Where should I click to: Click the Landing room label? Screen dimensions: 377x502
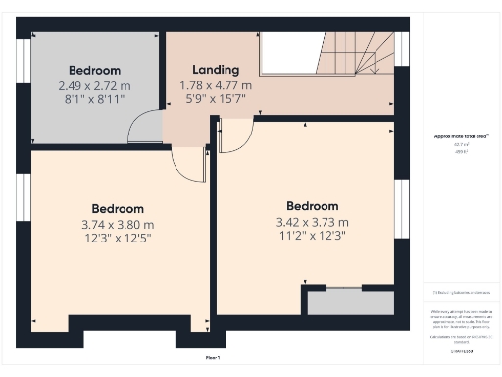pos(216,70)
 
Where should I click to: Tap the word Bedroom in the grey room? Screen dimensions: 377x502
pos(94,70)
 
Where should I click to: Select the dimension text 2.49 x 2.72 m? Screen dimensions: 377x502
pos(94,85)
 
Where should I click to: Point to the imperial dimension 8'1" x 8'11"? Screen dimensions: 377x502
pos(94,100)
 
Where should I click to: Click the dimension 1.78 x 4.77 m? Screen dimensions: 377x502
pos(216,85)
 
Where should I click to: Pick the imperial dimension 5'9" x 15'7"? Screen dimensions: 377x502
pos(216,100)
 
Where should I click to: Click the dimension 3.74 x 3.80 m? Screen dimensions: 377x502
pos(118,225)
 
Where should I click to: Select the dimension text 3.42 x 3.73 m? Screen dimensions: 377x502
pos(313,222)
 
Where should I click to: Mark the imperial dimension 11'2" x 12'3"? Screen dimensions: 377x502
pos(313,237)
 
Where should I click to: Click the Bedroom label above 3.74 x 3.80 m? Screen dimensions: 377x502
pos(118,209)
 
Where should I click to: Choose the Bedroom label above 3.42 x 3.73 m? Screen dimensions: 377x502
pos(313,206)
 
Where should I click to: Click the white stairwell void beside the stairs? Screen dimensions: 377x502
pos(291,52)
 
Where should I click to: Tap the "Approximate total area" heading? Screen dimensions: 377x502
pos(462,135)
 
